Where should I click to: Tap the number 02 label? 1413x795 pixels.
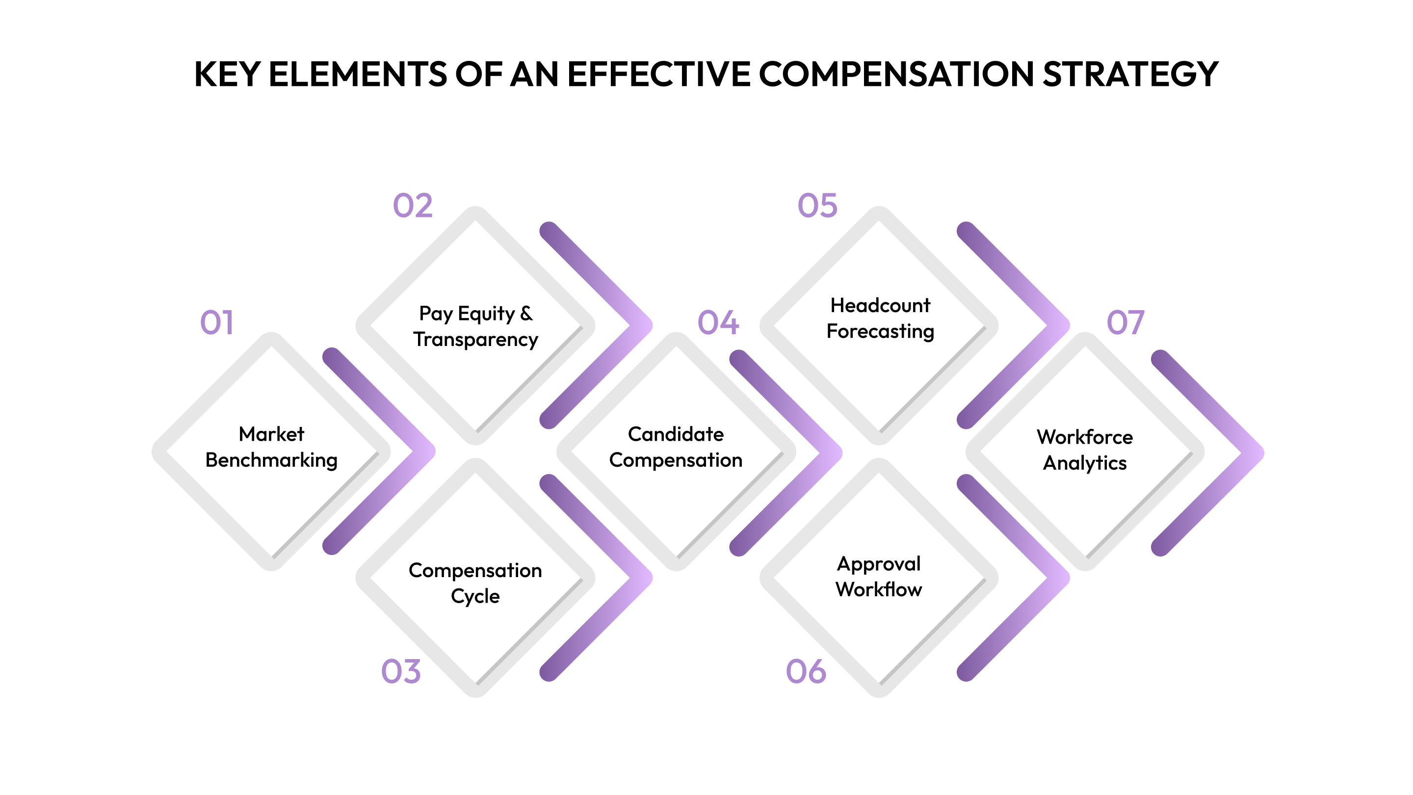point(413,206)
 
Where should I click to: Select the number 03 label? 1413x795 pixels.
point(401,671)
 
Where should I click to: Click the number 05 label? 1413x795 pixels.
point(817,206)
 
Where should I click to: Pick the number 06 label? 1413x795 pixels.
point(806,671)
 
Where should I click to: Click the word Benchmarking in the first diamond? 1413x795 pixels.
point(271,460)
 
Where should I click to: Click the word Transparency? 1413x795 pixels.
point(475,340)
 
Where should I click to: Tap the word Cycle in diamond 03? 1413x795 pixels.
point(475,596)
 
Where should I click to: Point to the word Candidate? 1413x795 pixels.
point(676,434)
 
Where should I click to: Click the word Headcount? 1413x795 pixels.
point(880,305)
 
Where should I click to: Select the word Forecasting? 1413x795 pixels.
point(880,331)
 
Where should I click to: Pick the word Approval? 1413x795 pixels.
point(879,563)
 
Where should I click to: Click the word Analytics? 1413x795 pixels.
point(1084,463)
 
